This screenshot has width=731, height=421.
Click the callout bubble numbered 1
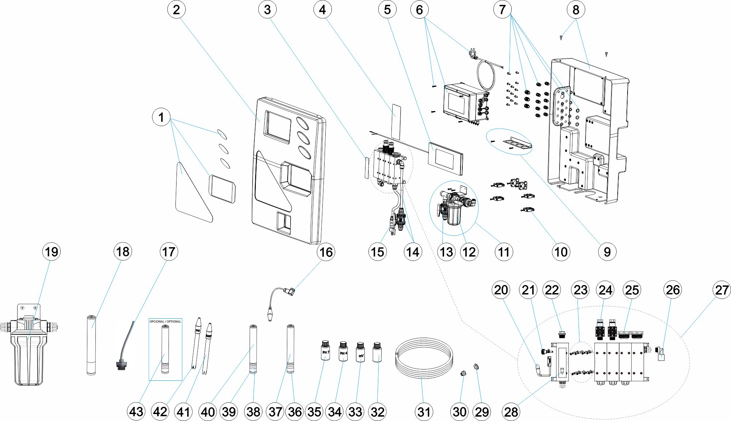tap(161, 117)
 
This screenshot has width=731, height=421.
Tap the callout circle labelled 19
tap(51, 252)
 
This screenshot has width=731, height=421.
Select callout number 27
tap(722, 290)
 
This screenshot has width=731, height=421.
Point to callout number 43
tap(136, 412)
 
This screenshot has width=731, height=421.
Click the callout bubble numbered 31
tap(424, 412)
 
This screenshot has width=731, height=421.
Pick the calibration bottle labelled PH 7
tap(325, 351)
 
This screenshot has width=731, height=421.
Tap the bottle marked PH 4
tap(343, 351)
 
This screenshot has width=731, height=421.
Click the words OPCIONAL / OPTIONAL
tap(165, 322)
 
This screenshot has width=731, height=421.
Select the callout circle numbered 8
tap(576, 10)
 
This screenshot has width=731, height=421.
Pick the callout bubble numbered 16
tap(326, 252)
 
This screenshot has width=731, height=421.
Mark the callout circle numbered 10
tap(561, 252)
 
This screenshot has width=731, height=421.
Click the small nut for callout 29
tap(476, 367)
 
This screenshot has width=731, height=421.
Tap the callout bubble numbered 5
tap(387, 10)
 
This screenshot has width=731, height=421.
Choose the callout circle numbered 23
tap(580, 290)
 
